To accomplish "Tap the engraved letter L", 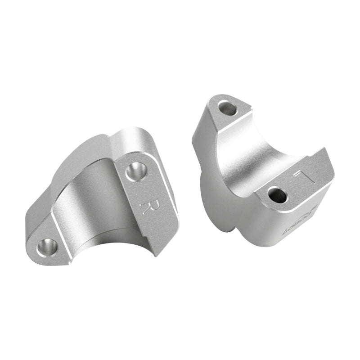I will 300,177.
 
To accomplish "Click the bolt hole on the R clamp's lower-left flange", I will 47,247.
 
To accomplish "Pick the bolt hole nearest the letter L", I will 277,194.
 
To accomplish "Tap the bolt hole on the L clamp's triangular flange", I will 228,108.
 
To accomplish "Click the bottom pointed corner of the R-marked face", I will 157,255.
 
